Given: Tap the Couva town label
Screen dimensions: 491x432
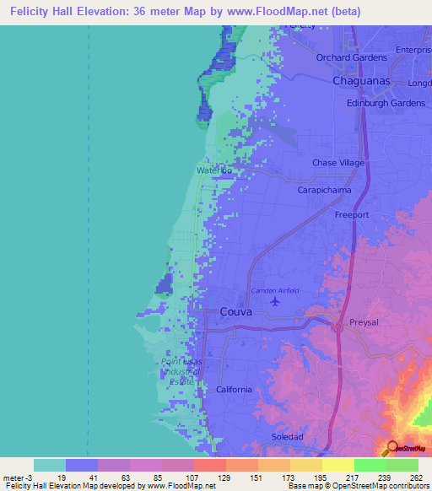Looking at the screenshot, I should click(235, 311).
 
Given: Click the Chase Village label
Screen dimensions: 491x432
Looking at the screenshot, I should click(337, 163).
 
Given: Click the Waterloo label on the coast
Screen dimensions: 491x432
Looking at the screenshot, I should click(214, 170).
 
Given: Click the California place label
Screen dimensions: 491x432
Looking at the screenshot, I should click(234, 389).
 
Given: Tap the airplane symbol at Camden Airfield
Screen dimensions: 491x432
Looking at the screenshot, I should click(275, 300).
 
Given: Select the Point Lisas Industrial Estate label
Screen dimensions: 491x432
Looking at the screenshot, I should click(181, 371).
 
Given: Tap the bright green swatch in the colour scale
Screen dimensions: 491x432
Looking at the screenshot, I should click(370, 465).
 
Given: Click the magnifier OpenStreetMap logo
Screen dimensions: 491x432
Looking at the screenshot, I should click(392, 448).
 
